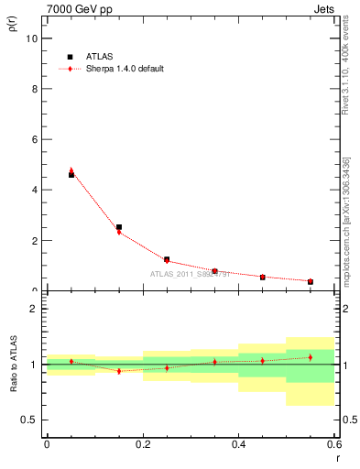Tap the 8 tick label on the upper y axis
pos(34,89)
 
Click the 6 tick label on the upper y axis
pos(34,139)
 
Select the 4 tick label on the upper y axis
pos(34,190)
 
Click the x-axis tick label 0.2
pos(143,444)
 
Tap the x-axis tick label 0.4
pos(238,444)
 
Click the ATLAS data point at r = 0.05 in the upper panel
pos(71,174)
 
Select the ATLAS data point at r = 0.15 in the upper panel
pos(119,227)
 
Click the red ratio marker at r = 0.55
pos(311,357)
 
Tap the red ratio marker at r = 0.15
pos(119,371)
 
